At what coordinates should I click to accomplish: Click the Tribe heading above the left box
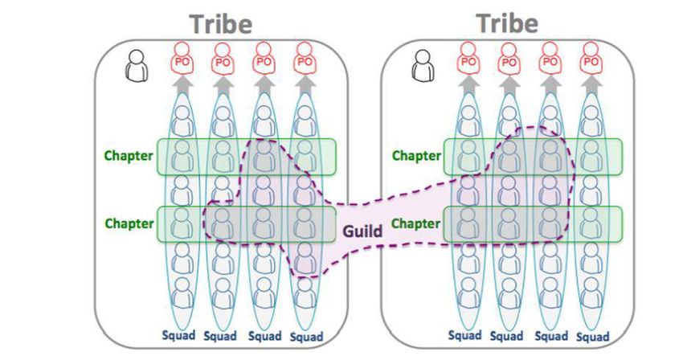pos(219,23)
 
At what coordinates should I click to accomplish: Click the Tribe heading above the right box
pos(506,22)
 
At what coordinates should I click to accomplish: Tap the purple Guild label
pos(362,231)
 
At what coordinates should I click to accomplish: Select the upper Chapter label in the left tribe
pos(129,155)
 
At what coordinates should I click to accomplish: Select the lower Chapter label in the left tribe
pos(129,223)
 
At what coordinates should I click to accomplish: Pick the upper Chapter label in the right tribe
pos(416,155)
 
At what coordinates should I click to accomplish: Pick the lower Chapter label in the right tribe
pos(416,223)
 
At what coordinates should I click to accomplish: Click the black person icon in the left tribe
pos(137,65)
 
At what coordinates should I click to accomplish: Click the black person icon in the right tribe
pos(423,65)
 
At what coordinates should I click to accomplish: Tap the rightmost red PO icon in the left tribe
pos(304,59)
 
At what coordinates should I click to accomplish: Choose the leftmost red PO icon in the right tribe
pos(468,59)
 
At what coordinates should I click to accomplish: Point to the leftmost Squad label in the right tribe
pos(464,335)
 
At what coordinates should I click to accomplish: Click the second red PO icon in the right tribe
pos(509,59)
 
